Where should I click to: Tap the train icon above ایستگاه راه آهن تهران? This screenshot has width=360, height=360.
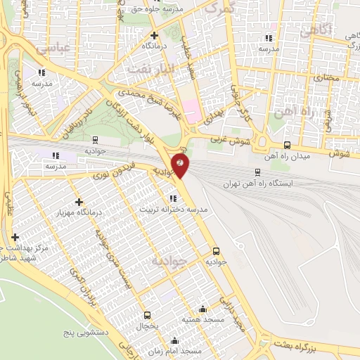257,171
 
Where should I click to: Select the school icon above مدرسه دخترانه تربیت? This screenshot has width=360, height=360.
173,198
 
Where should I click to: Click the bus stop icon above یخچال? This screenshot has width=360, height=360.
147,315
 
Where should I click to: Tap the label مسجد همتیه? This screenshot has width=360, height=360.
202,319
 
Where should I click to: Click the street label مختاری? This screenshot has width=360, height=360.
326,79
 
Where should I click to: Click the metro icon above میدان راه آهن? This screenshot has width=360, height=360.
286,146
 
